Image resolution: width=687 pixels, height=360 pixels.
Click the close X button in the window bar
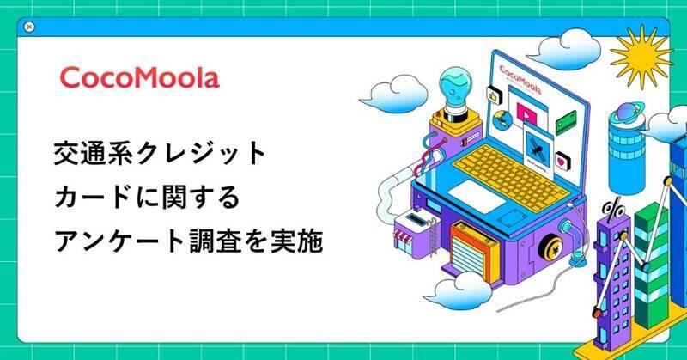[29, 27]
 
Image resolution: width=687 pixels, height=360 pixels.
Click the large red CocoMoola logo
[139, 78]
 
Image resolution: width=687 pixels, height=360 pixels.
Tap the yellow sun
[640, 56]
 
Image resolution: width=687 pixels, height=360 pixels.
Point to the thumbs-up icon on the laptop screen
[493, 95]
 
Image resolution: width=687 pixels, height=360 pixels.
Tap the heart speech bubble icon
[562, 162]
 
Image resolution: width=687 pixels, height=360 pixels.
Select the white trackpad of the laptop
[477, 197]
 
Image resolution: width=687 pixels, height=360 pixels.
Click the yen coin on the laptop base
[550, 248]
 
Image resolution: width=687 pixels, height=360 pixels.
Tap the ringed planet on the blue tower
[629, 113]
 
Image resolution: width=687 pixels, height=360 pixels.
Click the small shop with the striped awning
[413, 231]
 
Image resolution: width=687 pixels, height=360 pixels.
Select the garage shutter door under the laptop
[467, 258]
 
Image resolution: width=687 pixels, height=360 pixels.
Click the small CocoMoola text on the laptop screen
[520, 79]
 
